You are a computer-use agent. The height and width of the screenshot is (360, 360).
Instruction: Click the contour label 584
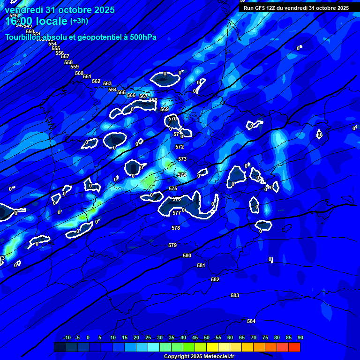click(251, 321)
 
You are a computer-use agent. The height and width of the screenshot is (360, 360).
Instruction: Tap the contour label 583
click(235, 295)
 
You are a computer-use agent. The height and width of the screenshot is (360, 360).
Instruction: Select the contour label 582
click(215, 279)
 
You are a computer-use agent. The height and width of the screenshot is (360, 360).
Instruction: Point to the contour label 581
click(201, 265)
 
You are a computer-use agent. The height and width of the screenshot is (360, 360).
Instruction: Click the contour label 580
click(187, 255)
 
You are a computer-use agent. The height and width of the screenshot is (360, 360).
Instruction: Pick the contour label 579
click(172, 245)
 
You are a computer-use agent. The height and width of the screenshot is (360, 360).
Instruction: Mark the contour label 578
click(176, 228)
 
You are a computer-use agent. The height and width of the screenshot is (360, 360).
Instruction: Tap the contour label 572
click(180, 147)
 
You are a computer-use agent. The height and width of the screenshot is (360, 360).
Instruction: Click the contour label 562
click(96, 81)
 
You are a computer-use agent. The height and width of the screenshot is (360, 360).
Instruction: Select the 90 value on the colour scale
click(300, 337)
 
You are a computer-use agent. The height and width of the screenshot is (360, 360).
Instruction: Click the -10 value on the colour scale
click(67, 337)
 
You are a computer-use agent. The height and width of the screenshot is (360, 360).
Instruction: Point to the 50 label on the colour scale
click(206, 337)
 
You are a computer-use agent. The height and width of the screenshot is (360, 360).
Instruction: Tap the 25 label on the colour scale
click(148, 337)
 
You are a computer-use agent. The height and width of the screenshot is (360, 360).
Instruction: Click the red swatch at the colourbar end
click(294, 347)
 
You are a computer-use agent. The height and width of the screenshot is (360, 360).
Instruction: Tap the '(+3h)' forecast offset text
click(79, 21)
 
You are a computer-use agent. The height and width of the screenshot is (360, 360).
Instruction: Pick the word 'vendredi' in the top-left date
click(24, 10)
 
